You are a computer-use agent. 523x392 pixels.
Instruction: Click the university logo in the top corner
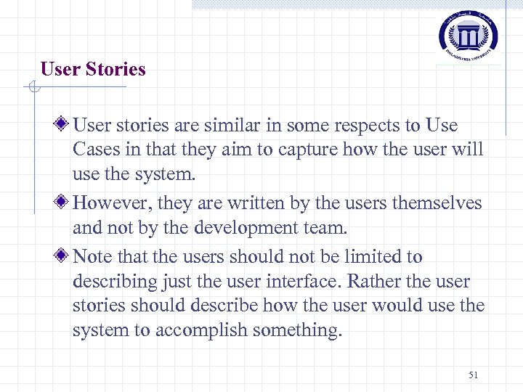468,34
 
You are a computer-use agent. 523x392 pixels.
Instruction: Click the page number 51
474,375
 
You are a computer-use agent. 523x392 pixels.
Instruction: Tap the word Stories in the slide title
115,70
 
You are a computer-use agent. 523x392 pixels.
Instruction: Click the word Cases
93,150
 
